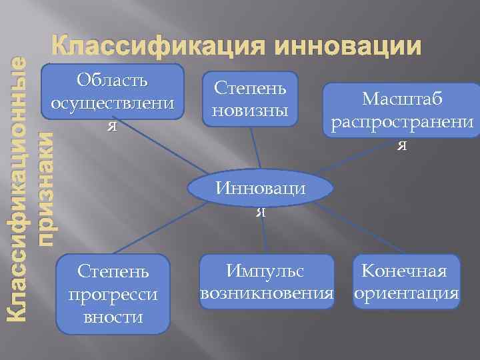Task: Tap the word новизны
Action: [x=250, y=109]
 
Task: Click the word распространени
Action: [x=402, y=123]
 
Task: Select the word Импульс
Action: [x=265, y=271]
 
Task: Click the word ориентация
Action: [x=407, y=293]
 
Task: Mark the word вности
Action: [x=113, y=316]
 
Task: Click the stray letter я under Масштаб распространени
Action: [x=401, y=146]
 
